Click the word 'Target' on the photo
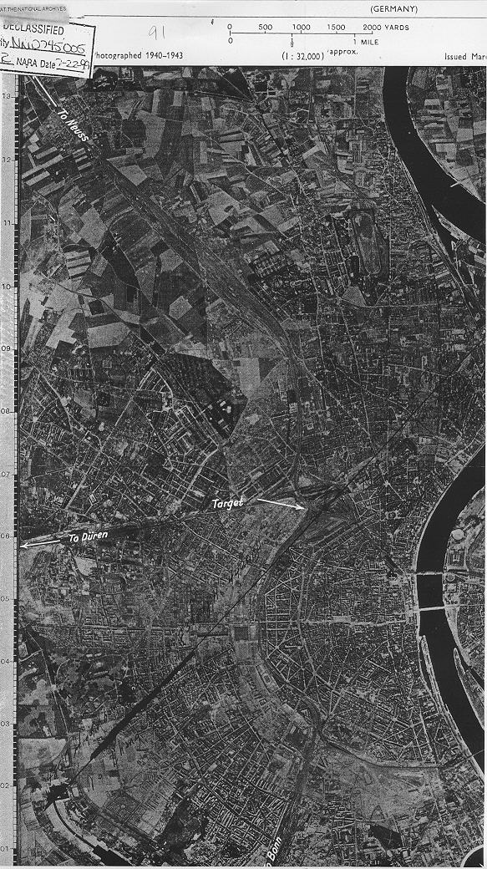point(227,503)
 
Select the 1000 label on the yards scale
point(301,27)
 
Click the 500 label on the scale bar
point(266,27)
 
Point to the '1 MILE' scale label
point(366,41)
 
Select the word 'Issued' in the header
point(459,55)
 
